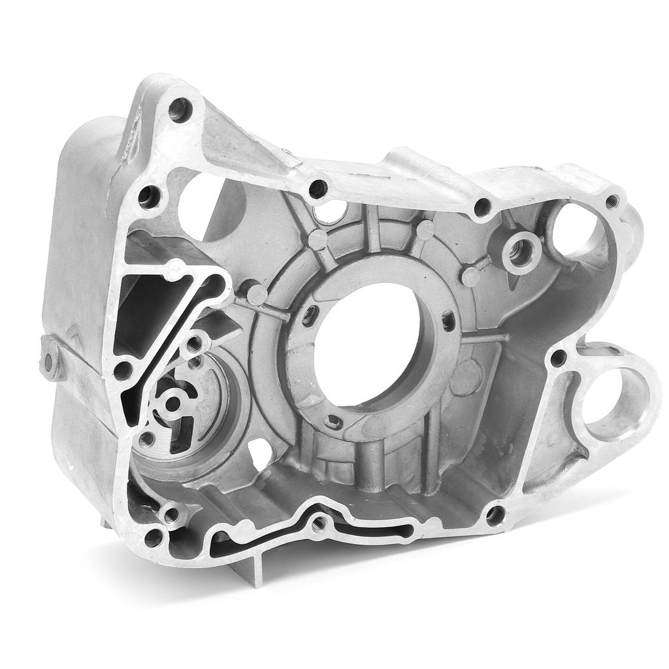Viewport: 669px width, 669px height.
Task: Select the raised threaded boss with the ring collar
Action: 520,250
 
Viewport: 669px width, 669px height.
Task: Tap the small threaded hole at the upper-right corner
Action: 612,201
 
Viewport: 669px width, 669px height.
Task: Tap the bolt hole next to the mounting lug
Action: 558,357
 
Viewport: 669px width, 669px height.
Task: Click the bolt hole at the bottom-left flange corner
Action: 154,538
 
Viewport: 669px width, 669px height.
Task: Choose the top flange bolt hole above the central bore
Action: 318,189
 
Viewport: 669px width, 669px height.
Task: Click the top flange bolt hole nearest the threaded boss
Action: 483,208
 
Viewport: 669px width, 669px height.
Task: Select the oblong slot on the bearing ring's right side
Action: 448,321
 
